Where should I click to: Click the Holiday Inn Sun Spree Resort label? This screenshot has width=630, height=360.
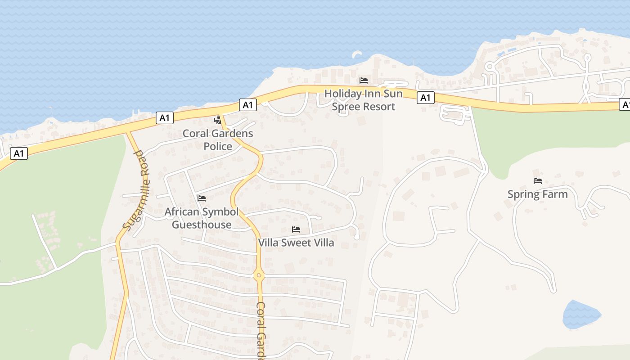pyautogui.click(x=360, y=100)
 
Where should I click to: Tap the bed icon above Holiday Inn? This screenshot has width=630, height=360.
pyautogui.click(x=364, y=81)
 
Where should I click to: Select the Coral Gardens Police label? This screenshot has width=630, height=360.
pyautogui.click(x=218, y=139)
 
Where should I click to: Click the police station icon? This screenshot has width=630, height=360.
pyautogui.click(x=218, y=120)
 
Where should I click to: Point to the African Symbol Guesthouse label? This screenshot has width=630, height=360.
pyautogui.click(x=202, y=218)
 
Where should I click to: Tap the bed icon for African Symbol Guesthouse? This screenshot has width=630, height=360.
pyautogui.click(x=202, y=198)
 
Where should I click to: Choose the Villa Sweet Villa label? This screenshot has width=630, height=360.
pyautogui.click(x=296, y=243)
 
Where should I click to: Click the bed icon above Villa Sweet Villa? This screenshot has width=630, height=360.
pyautogui.click(x=296, y=229)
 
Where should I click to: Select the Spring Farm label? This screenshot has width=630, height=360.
pyautogui.click(x=537, y=194)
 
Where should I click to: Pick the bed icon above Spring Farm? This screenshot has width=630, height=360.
pyautogui.click(x=538, y=181)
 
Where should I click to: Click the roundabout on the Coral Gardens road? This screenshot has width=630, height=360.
pyautogui.click(x=259, y=275)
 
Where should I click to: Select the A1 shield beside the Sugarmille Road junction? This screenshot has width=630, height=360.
pyautogui.click(x=165, y=118)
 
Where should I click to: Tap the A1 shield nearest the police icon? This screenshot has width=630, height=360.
pyautogui.click(x=247, y=105)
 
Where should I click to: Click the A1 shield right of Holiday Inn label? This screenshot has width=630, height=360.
pyautogui.click(x=425, y=97)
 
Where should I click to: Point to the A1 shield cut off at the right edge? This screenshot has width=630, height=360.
pyautogui.click(x=625, y=104)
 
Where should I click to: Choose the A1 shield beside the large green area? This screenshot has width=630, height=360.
pyautogui.click(x=18, y=153)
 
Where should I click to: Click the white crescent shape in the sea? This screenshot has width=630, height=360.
pyautogui.click(x=357, y=54)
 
